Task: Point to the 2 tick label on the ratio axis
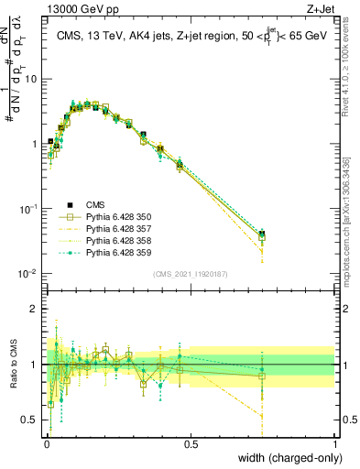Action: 35,309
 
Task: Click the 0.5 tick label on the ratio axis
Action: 30,420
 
